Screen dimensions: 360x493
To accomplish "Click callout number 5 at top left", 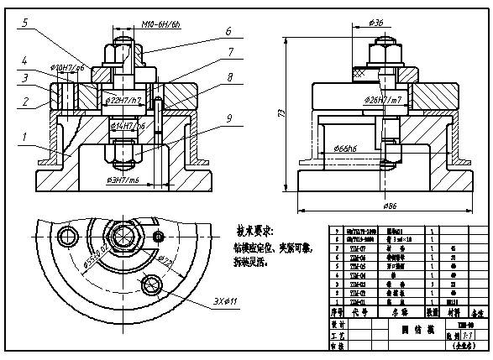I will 26,24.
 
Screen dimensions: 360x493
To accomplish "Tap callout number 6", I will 228,32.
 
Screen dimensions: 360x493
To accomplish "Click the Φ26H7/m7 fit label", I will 382,100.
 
